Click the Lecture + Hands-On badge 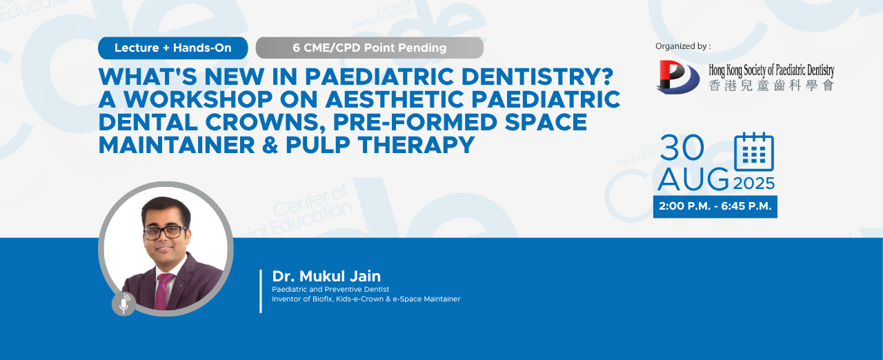(172, 48)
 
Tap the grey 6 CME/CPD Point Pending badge (369, 48)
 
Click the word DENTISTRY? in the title (537, 77)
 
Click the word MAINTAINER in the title (177, 145)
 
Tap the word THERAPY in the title (416, 145)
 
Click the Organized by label (683, 46)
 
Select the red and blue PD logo (677, 77)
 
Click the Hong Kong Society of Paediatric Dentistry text (771, 70)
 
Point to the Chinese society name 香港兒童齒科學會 (771, 86)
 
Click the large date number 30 (682, 148)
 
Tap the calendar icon (754, 152)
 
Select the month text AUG (693, 179)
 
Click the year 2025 (754, 183)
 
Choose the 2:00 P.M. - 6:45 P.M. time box (715, 206)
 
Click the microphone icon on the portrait (123, 303)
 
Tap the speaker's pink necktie (163, 291)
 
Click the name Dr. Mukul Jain (326, 276)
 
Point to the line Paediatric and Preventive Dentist (330, 290)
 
